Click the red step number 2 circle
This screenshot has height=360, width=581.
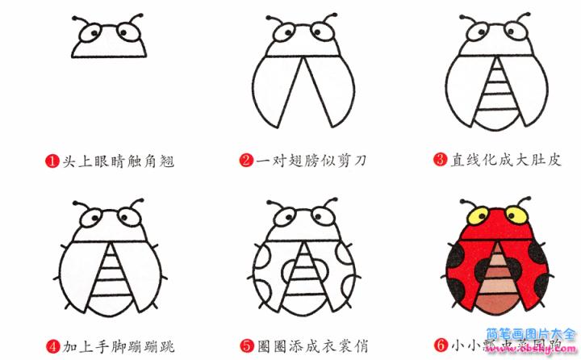[246, 161]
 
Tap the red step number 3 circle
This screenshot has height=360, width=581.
[440, 160]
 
